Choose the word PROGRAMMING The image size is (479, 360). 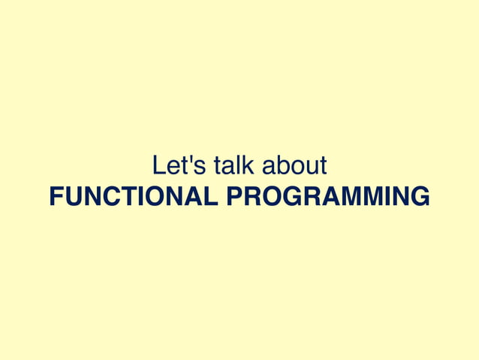[x=328, y=197]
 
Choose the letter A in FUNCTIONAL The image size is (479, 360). [x=194, y=197]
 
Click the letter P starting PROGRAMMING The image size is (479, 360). [x=234, y=197]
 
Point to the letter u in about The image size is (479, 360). [x=309, y=167]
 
